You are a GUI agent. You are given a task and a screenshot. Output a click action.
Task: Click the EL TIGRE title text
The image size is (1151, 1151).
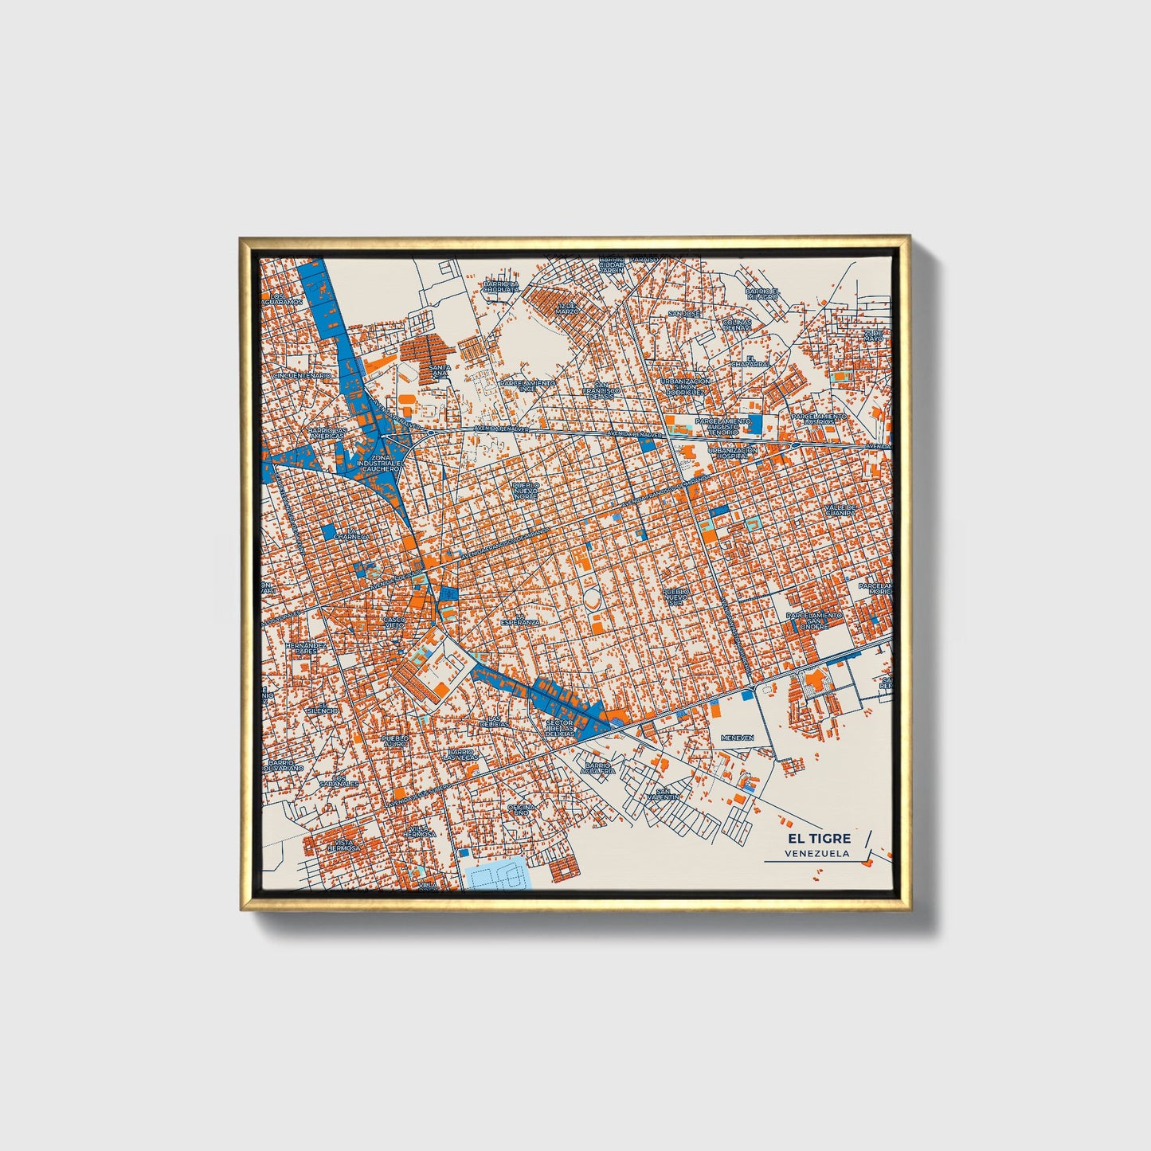click(x=819, y=838)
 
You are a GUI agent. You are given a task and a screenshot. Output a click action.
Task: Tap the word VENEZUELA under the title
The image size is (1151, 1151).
click(x=816, y=853)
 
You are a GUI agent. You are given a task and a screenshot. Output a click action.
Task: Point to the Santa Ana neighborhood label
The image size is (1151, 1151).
click(x=440, y=370)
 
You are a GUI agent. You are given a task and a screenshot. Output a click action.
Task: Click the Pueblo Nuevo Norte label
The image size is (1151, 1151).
click(x=525, y=490)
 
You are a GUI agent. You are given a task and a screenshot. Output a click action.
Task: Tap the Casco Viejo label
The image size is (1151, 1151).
click(x=394, y=622)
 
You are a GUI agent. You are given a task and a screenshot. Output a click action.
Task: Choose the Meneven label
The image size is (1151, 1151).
click(x=737, y=738)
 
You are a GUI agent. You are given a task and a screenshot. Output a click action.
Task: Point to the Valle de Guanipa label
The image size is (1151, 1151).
click(x=840, y=510)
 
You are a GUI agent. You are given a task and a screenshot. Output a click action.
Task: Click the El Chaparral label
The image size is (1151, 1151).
click(x=758, y=361)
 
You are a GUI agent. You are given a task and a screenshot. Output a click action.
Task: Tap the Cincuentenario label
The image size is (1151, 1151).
click(x=301, y=375)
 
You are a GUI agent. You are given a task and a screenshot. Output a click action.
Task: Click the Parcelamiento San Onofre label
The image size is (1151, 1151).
click(x=813, y=621)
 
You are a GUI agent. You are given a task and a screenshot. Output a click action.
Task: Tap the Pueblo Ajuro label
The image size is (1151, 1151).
click(x=395, y=741)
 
